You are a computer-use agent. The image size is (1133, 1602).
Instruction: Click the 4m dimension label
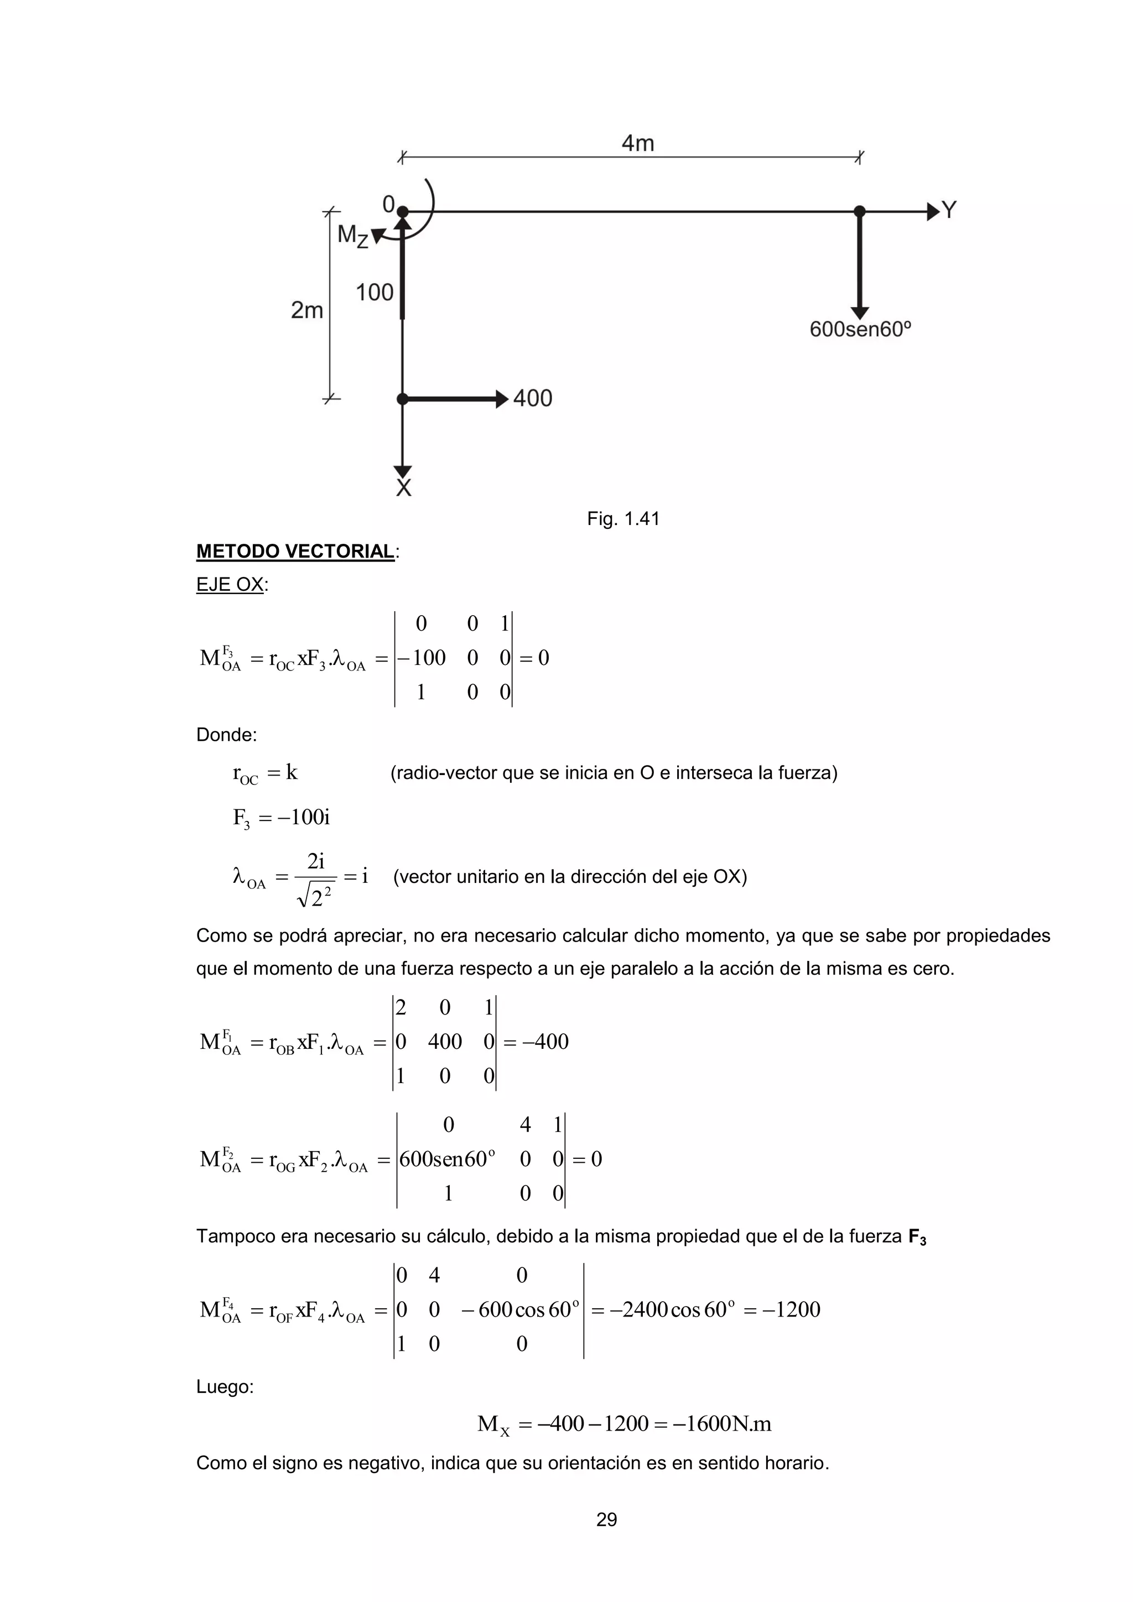(x=638, y=144)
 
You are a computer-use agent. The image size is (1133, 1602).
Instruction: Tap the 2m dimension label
(x=307, y=310)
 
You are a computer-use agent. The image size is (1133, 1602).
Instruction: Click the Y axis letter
(x=949, y=210)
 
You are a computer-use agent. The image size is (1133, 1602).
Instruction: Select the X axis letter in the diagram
(x=403, y=488)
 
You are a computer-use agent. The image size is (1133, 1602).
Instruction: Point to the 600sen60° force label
(x=860, y=329)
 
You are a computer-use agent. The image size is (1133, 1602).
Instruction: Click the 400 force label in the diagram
(x=532, y=398)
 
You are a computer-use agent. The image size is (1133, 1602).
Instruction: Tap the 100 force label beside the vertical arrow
(x=375, y=292)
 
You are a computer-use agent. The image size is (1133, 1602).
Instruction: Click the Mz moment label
(x=352, y=236)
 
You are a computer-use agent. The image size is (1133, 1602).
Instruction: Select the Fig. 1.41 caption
(x=623, y=518)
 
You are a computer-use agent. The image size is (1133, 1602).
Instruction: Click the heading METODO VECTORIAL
(x=295, y=551)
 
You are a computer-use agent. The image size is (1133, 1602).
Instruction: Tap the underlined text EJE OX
(x=230, y=585)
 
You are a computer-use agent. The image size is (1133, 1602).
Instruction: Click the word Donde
(x=226, y=735)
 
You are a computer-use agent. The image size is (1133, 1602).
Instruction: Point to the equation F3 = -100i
(x=281, y=817)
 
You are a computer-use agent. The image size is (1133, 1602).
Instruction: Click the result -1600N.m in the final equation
(x=722, y=1424)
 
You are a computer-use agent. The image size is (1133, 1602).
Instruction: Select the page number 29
(x=606, y=1519)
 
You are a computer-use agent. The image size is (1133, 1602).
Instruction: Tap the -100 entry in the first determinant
(x=422, y=658)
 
